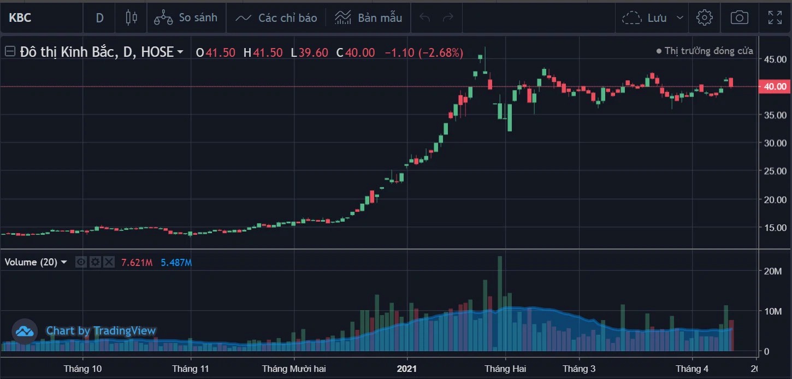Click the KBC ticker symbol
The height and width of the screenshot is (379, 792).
20,18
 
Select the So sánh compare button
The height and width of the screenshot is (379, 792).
186,18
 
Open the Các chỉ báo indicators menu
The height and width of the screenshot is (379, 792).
276,18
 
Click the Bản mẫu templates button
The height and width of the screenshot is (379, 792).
369,18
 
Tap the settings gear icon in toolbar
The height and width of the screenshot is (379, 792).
705,18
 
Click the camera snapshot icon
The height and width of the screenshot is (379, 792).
739,18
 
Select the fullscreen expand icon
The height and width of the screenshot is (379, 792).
775,18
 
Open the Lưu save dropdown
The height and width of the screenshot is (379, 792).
653,18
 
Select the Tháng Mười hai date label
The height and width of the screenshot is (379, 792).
294,369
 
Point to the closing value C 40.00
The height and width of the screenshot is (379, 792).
356,52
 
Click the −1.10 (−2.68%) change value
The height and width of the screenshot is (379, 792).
424,52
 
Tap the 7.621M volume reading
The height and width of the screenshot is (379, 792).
137,263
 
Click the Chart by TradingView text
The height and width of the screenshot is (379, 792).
101,331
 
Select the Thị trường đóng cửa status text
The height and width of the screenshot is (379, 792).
708,51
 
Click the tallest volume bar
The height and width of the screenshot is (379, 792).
499,303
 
